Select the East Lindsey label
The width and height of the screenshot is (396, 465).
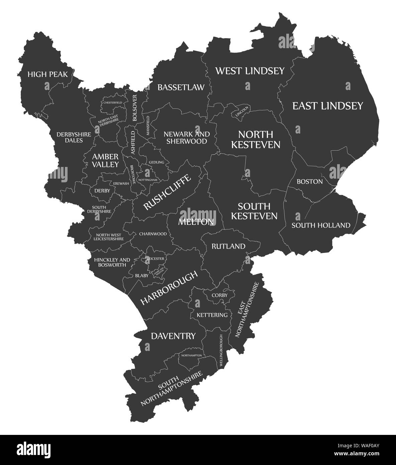pos(327,106)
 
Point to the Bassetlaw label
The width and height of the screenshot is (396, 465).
pos(181,88)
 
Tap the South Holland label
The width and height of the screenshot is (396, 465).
pos(321,225)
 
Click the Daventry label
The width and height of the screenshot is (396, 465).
pos(173,336)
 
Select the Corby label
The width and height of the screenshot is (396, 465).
pos(220,295)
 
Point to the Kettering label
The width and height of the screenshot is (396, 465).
pos(212,315)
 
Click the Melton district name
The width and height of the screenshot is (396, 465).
pos(196,222)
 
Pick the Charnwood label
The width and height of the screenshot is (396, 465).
pos(153,234)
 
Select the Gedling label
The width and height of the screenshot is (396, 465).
pos(157,162)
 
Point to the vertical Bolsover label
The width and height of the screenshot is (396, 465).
pos(135,108)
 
